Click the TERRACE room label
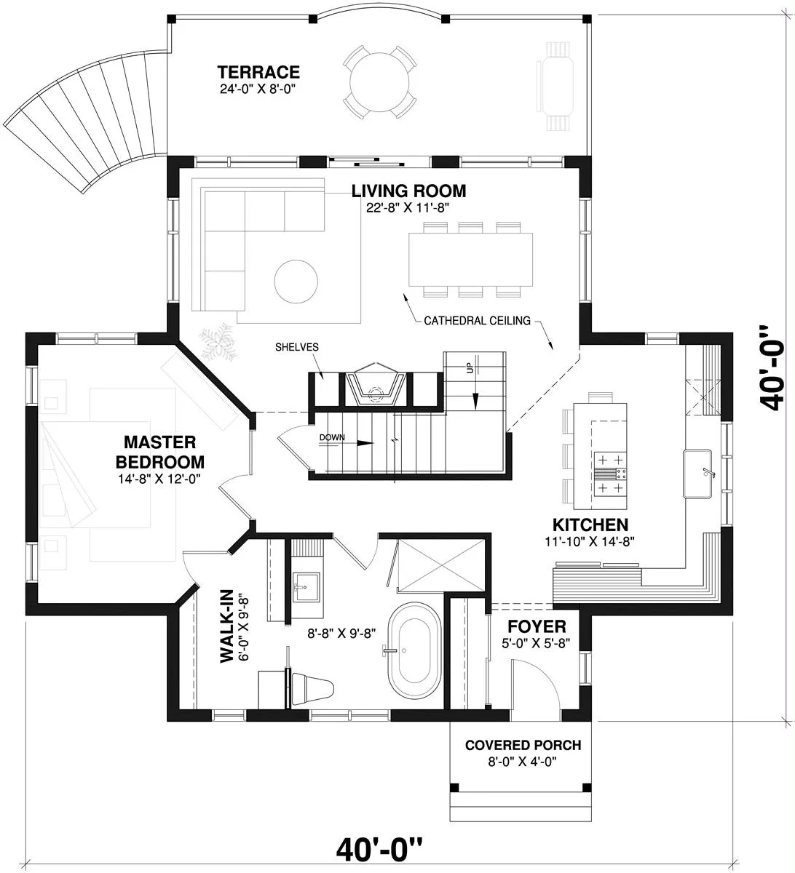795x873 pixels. click(x=258, y=72)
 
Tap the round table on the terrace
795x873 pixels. click(x=379, y=82)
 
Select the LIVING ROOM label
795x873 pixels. click(x=408, y=191)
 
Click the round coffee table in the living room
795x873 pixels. click(x=296, y=281)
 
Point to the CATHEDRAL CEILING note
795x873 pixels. click(x=477, y=321)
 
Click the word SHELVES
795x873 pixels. click(x=296, y=347)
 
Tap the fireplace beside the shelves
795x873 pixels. click(x=376, y=384)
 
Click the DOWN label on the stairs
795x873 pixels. click(x=332, y=437)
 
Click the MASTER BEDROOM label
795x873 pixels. click(x=160, y=452)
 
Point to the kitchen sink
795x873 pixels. click(x=697, y=474)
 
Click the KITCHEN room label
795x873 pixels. click(x=590, y=525)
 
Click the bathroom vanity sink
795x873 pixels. click(x=306, y=586)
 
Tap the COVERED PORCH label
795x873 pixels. click(x=523, y=745)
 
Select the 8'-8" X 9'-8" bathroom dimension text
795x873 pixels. click(x=341, y=633)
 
